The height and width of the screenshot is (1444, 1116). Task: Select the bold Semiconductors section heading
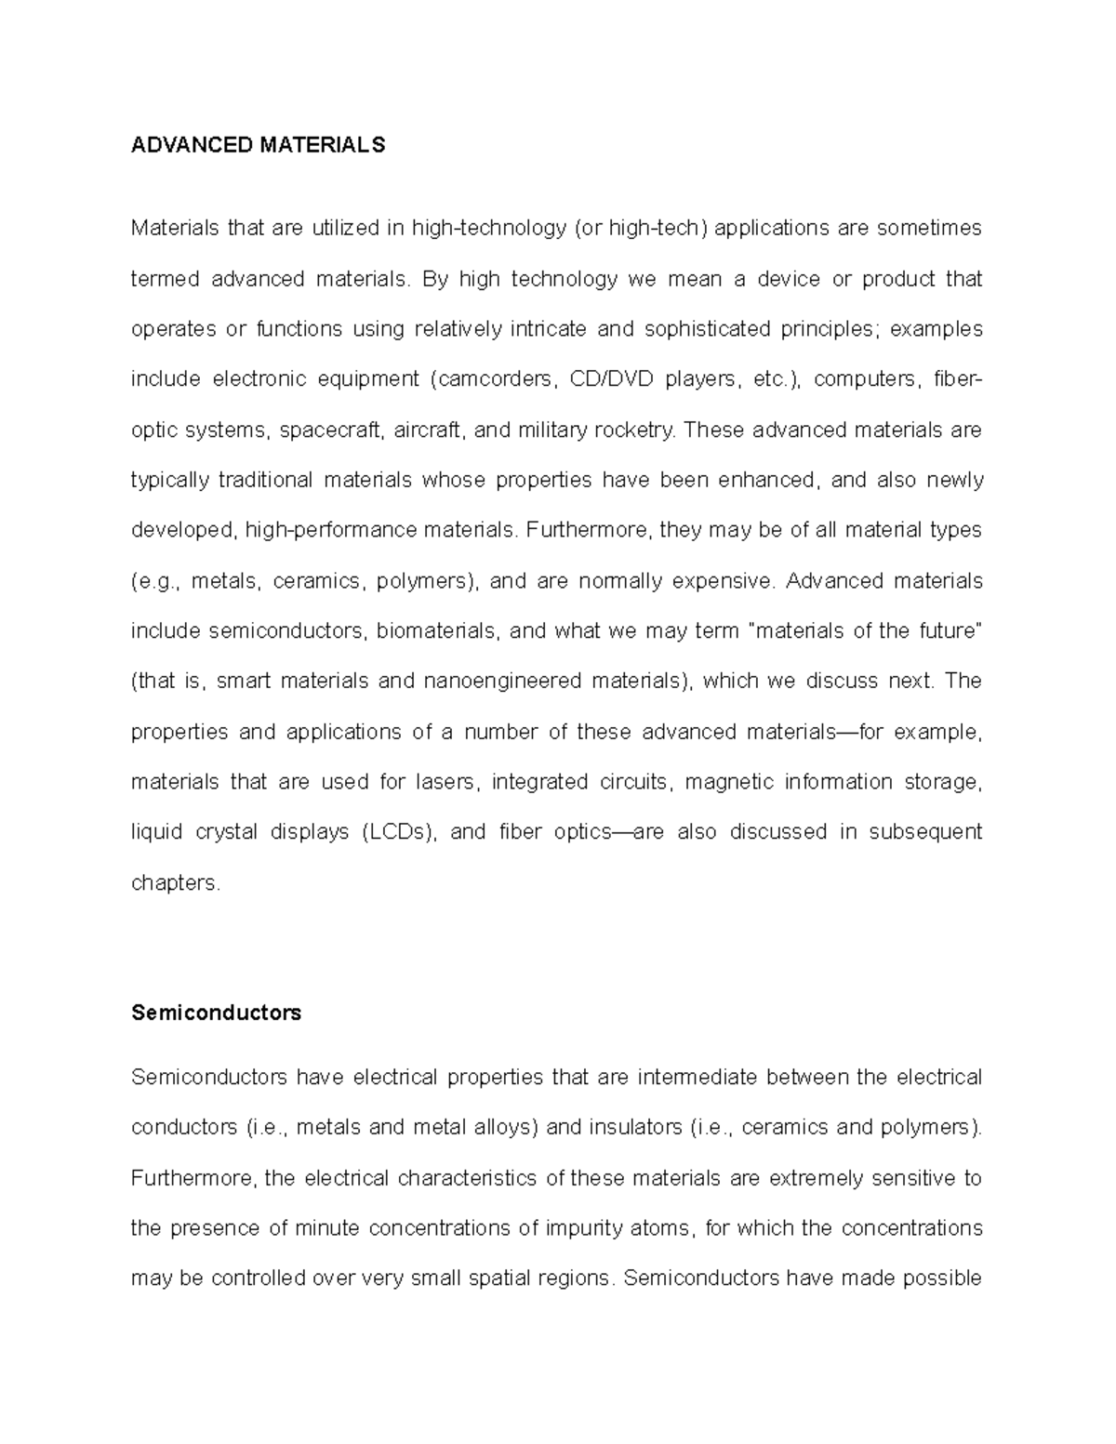pyautogui.click(x=216, y=1013)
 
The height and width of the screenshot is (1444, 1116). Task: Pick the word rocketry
pyautogui.click(x=638, y=430)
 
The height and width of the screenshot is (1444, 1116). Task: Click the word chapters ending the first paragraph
pyautogui.click(x=175, y=882)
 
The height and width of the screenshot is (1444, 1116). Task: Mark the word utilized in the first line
pyautogui.click(x=345, y=228)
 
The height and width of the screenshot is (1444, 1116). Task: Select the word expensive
pyautogui.click(x=722, y=581)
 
